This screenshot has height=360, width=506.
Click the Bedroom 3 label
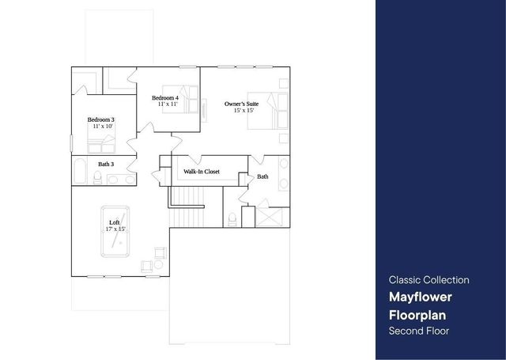100,119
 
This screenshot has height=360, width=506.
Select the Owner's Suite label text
241,104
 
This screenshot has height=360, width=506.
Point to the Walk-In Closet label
202,171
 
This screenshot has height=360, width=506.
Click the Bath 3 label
106,165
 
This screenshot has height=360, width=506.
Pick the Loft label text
115,222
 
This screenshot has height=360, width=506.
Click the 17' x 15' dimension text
115,229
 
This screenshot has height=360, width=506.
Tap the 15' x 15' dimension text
243,111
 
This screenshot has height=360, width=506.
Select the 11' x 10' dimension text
101,127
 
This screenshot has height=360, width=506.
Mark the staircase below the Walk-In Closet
188,207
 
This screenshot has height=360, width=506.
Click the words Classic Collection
429,280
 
